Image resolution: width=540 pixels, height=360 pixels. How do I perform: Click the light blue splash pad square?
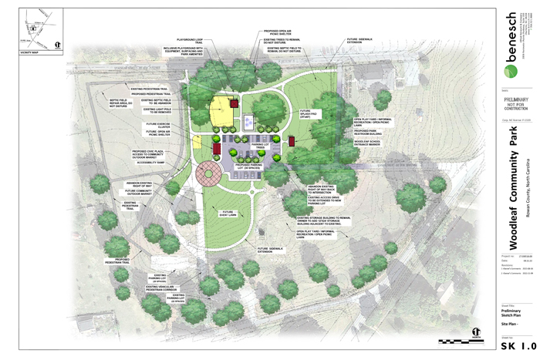tap(248, 121)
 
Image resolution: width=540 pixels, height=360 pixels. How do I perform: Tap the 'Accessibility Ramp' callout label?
tap(154, 163)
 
